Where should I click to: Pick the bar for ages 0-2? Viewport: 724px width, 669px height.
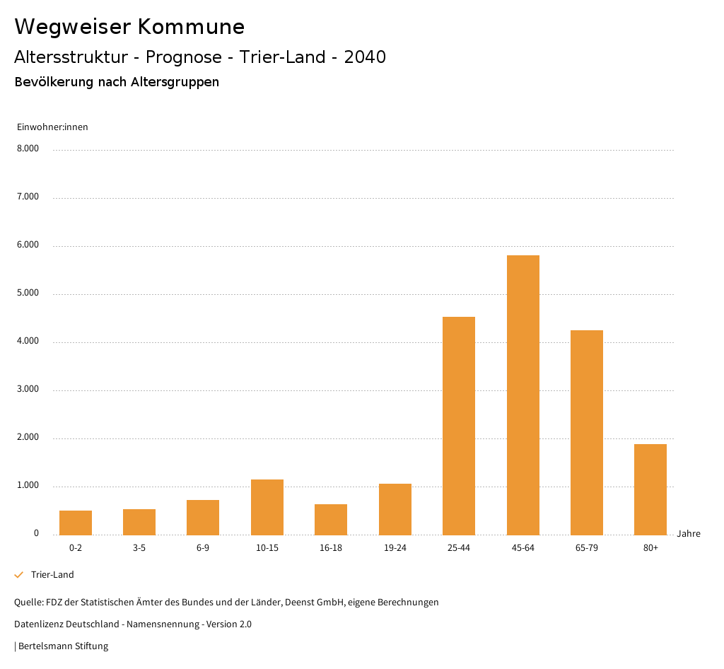point(76,523)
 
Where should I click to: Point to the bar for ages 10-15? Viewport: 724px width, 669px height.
point(267,507)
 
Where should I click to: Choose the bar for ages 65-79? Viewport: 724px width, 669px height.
point(587,432)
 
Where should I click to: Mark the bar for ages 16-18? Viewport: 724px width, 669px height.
point(331,519)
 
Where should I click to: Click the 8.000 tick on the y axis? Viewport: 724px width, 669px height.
point(28,149)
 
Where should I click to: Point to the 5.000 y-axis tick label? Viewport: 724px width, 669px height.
point(28,293)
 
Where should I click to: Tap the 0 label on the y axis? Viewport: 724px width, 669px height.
point(36,533)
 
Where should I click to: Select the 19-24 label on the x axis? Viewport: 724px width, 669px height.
point(395,548)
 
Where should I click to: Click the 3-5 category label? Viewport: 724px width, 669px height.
point(139,548)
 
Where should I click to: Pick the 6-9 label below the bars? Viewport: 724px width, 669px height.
point(203,548)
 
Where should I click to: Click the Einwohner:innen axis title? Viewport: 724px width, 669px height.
point(52,127)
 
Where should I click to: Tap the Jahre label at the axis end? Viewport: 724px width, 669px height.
point(689,534)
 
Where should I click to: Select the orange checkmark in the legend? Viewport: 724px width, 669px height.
point(19,575)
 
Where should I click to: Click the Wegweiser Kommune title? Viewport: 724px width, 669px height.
point(129,27)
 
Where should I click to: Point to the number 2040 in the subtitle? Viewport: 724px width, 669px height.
point(365,57)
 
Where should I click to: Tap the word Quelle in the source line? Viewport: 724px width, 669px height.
point(28,603)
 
